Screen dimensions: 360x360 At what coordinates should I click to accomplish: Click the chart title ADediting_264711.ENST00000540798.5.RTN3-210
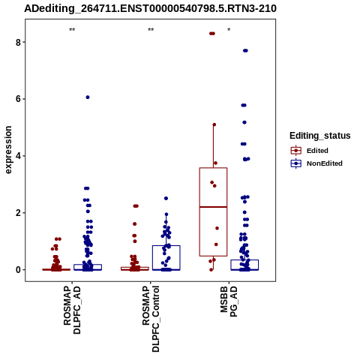[150, 8]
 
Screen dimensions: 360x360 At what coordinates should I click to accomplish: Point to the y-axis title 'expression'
[8, 150]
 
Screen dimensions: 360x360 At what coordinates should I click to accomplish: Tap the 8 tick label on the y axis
[18, 42]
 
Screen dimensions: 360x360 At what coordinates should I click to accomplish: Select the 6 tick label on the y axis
[18, 99]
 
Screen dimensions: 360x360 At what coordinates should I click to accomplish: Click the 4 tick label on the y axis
[18, 156]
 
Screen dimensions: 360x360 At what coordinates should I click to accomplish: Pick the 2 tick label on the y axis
[18, 213]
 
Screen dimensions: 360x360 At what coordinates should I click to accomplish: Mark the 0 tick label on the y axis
[18, 270]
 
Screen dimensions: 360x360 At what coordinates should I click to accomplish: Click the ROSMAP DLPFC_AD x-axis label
[72, 310]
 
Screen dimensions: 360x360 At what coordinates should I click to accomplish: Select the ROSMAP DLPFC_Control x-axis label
[151, 319]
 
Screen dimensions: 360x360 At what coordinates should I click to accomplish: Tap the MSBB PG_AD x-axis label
[229, 301]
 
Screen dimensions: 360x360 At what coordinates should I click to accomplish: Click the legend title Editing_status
[320, 136]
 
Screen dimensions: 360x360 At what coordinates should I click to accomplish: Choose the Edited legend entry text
[317, 151]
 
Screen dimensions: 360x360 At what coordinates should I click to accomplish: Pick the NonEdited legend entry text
[325, 163]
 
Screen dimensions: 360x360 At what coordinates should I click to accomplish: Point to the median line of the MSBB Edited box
[213, 207]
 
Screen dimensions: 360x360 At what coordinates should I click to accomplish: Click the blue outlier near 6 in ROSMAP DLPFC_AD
[88, 97]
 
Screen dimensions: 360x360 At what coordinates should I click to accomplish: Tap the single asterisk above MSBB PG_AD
[229, 30]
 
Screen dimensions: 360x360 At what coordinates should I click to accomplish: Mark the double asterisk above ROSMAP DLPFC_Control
[151, 30]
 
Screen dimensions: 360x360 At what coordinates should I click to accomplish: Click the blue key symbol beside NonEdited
[296, 163]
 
